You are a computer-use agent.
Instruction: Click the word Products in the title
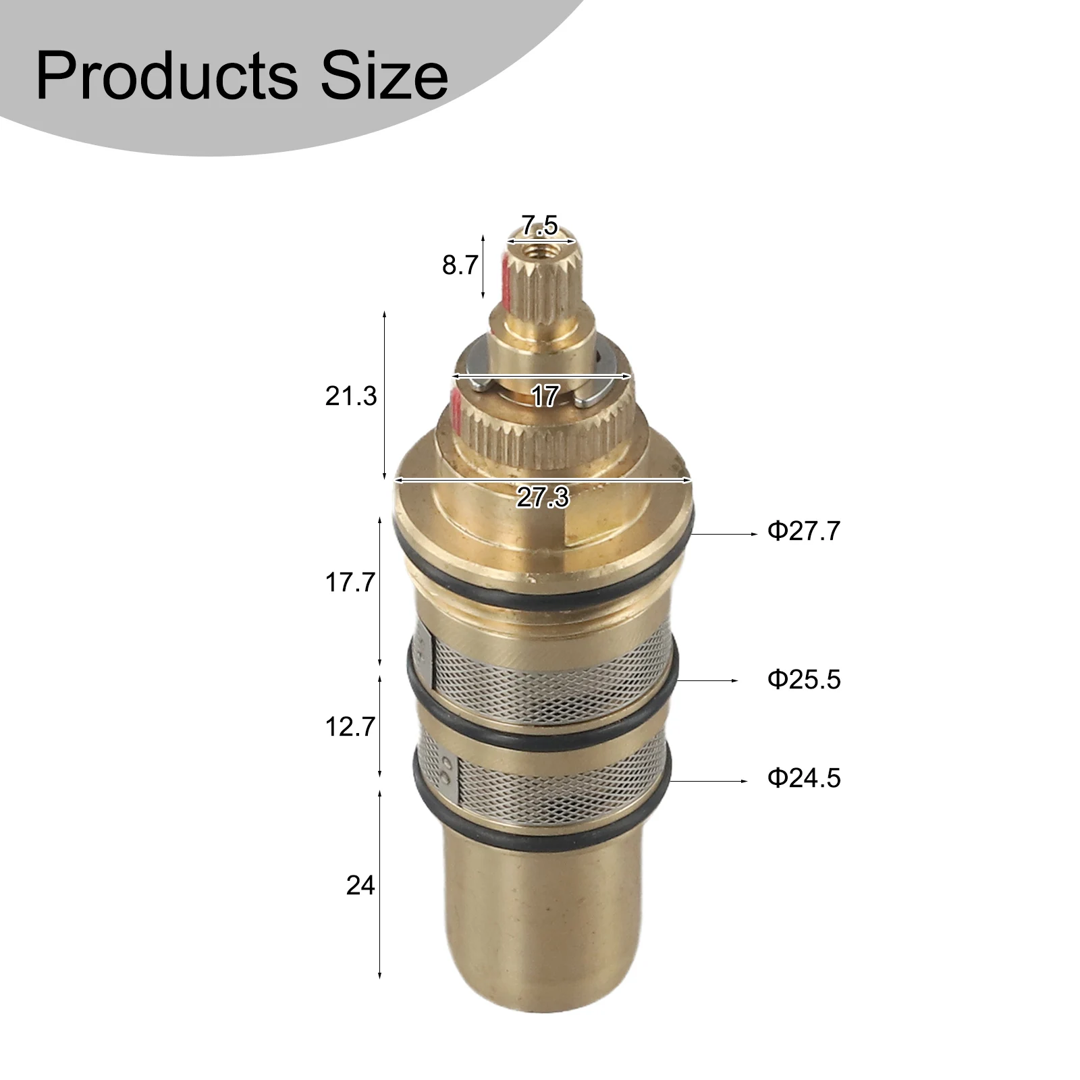166,76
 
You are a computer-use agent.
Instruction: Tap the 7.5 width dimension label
540,225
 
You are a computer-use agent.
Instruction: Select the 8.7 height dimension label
460,265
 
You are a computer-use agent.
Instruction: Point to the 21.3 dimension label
350,396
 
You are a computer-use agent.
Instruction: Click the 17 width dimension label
545,396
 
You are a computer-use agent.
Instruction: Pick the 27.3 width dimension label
543,497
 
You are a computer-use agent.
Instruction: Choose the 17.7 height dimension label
350,582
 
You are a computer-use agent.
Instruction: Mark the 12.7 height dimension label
350,727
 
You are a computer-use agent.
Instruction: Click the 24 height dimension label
360,885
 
